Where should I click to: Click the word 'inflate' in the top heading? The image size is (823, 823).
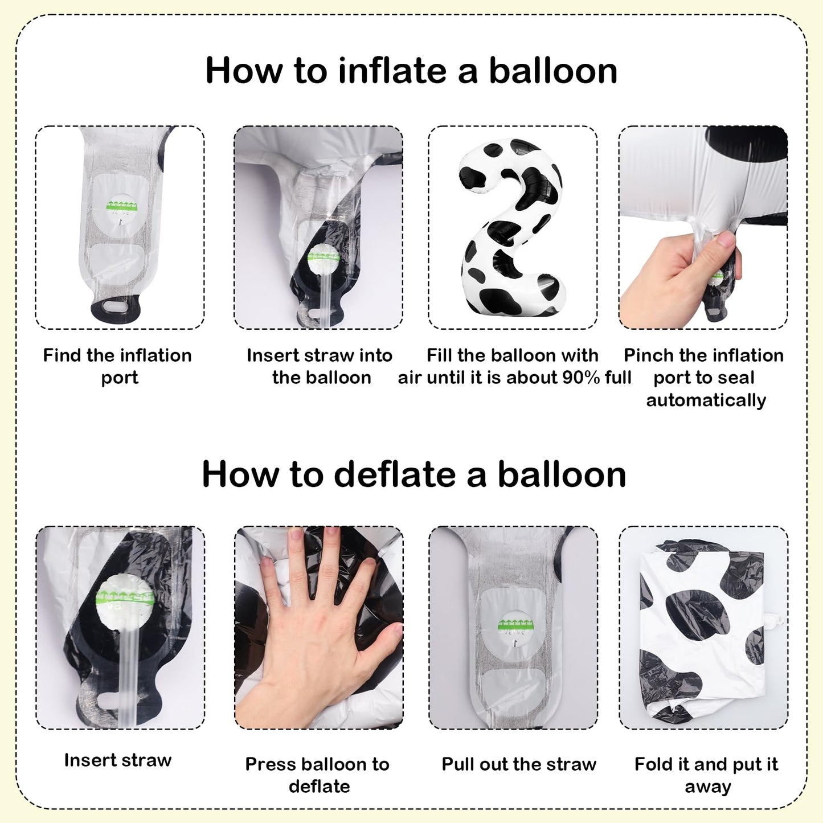click(392, 71)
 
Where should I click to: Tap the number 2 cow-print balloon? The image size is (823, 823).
click(512, 227)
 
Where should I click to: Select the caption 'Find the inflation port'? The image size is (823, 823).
click(117, 366)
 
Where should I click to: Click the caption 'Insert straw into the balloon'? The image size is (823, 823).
click(320, 366)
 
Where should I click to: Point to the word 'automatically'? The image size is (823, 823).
click(706, 400)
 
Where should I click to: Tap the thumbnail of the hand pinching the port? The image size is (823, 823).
click(703, 227)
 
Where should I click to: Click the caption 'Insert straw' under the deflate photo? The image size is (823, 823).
click(117, 760)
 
